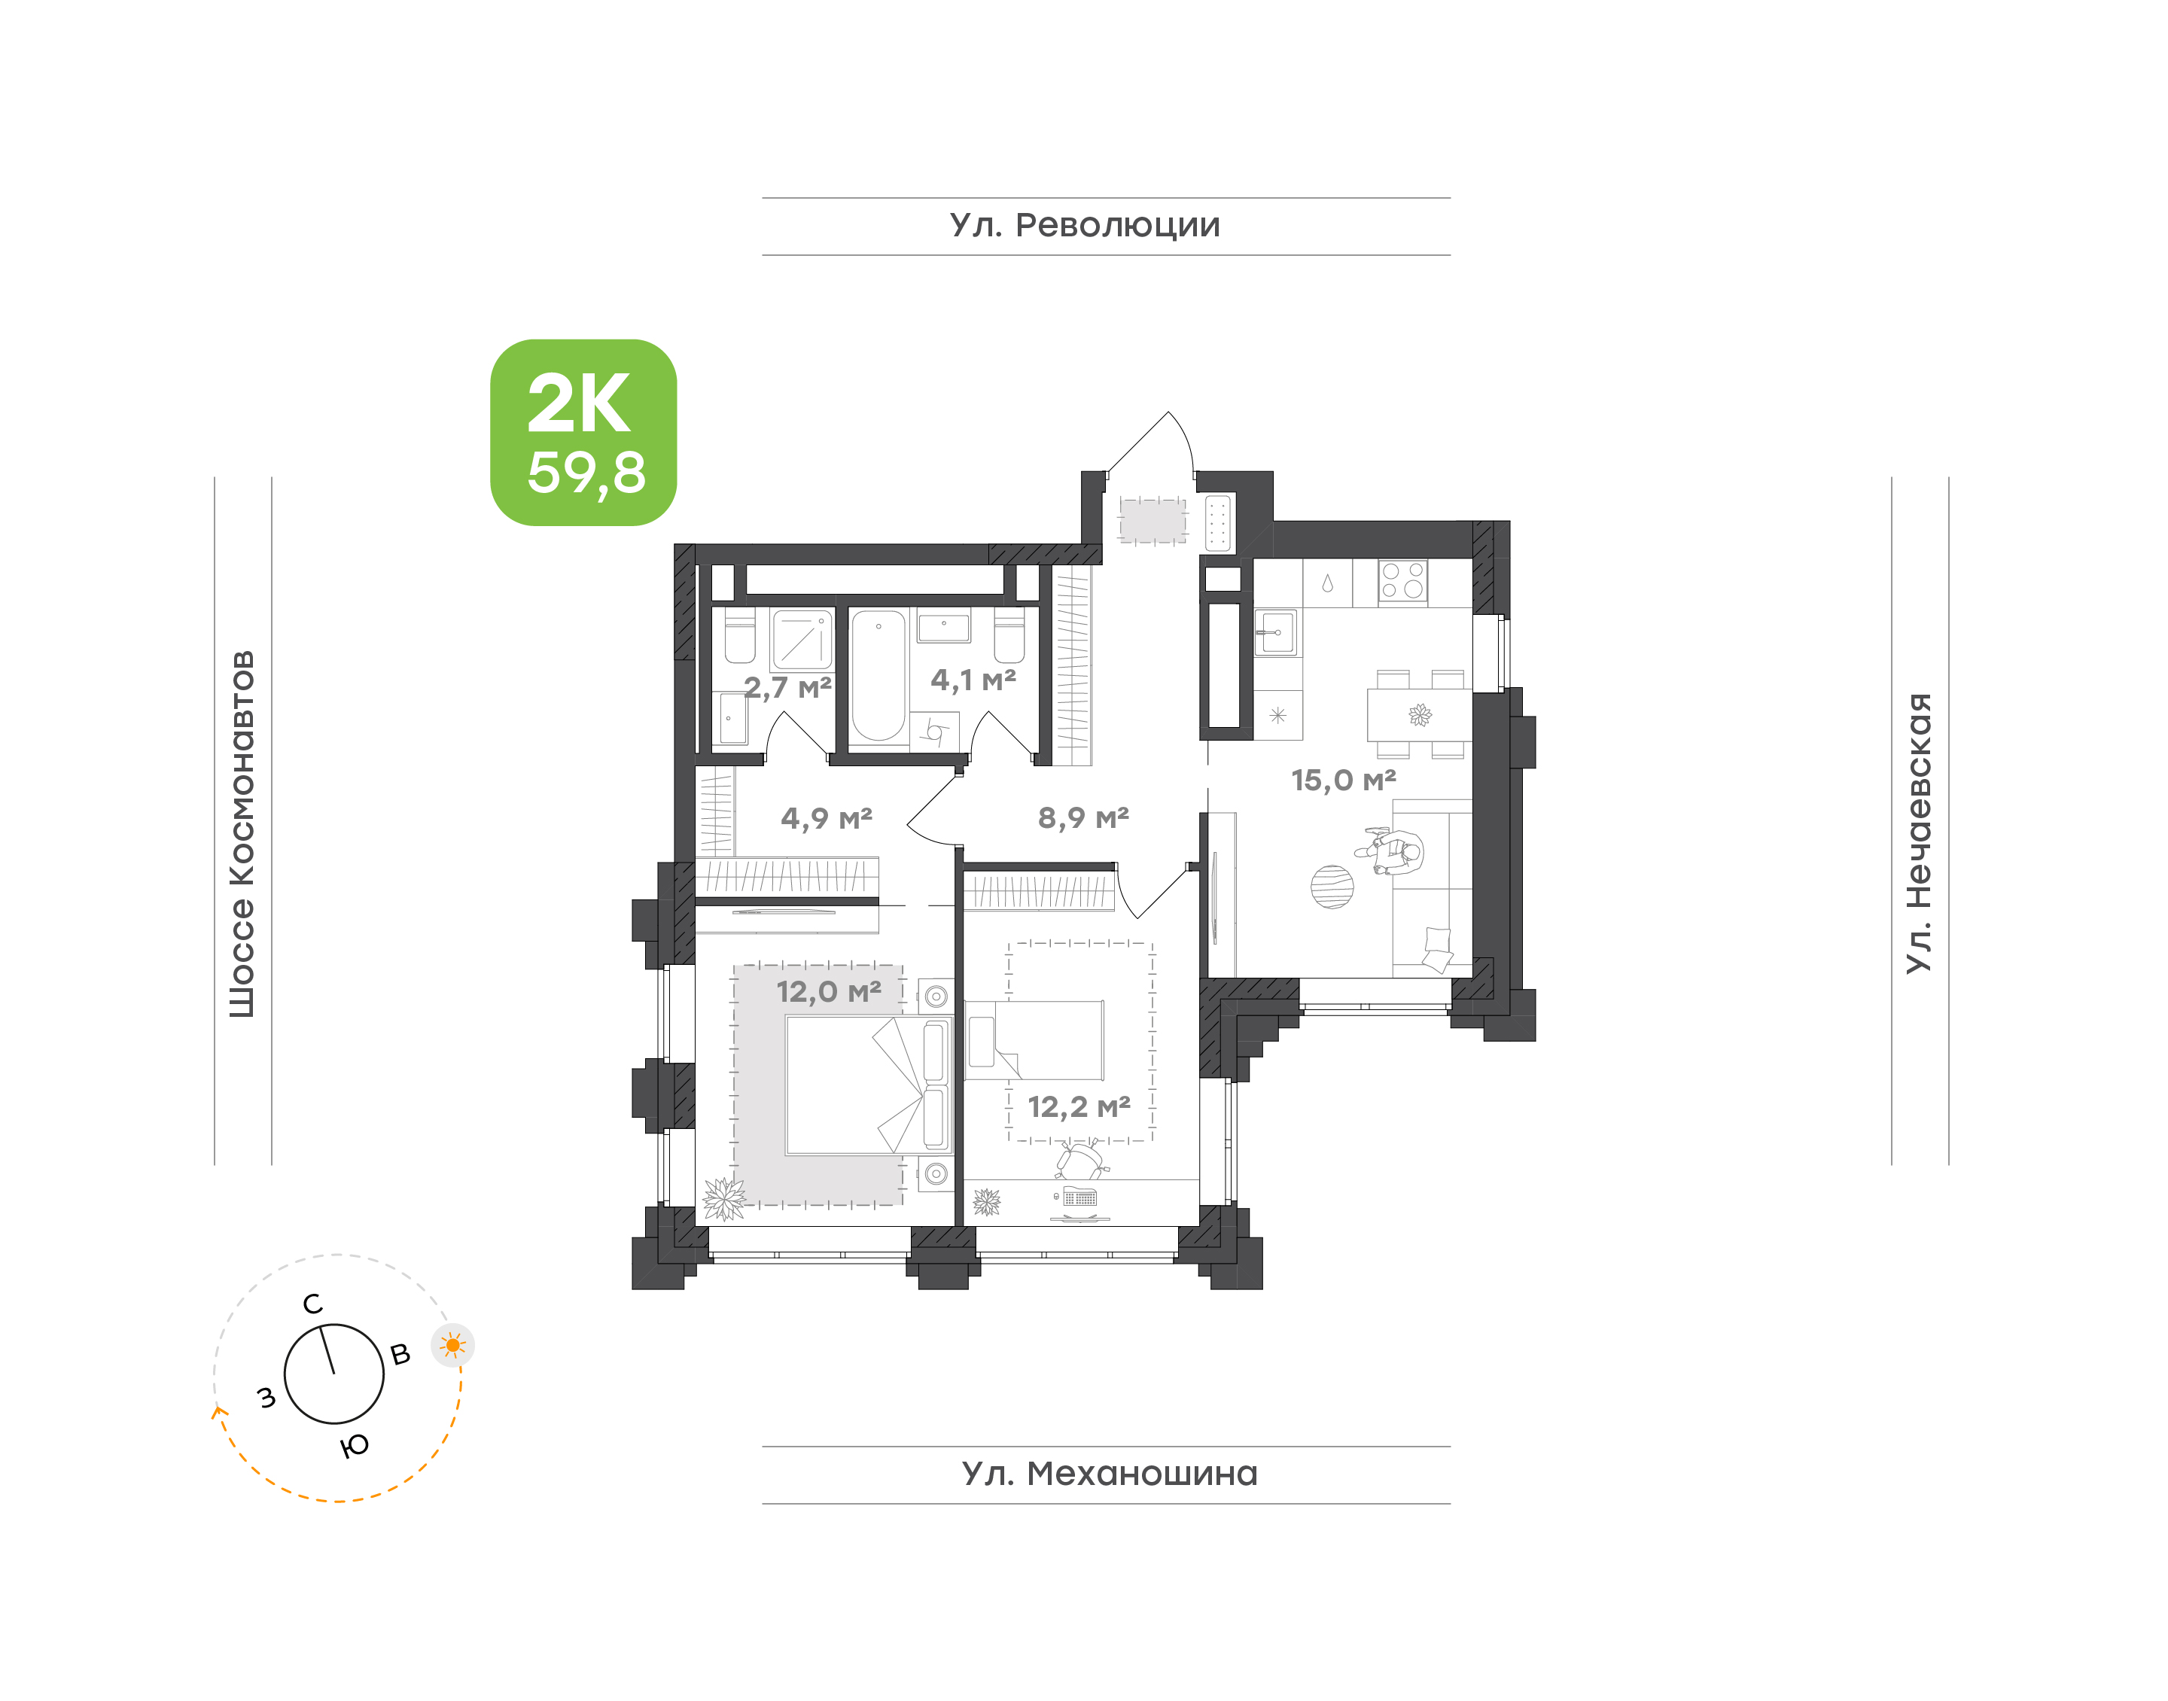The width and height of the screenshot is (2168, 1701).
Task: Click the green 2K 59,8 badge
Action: pos(583,432)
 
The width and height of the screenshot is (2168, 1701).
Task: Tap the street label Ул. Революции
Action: pos(1085,226)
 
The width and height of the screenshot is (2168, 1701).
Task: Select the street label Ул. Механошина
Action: pos(1110,1474)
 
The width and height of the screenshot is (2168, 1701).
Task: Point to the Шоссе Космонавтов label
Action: pos(242,835)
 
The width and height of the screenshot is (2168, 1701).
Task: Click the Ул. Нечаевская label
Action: pos(1918,832)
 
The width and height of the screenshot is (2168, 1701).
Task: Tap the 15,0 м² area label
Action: pos(1344,781)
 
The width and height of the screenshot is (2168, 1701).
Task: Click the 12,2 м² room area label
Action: pos(1079,1107)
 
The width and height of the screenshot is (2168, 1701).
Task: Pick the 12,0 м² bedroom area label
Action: pos(829,992)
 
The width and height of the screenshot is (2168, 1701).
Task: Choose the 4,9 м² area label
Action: pos(827,819)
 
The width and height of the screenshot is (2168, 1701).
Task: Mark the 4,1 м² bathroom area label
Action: pos(973,680)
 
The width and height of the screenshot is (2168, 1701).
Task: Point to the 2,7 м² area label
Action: pos(787,688)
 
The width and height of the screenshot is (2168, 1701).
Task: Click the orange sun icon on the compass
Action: pos(453,1346)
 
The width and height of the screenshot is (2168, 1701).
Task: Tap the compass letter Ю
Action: pos(355,1445)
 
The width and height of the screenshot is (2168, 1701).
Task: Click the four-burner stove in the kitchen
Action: pos(1402,582)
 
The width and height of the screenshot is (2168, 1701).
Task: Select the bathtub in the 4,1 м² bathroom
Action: pos(878,676)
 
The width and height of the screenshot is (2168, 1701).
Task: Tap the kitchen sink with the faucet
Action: pos(1276,631)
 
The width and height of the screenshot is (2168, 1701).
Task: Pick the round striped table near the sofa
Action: pos(1332,887)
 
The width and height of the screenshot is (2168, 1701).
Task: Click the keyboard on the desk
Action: pos(1079,1198)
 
